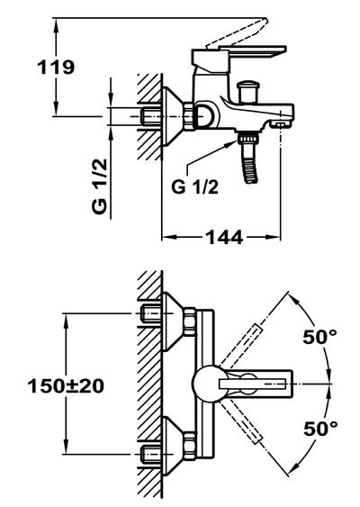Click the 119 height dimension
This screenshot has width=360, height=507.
coord(56,68)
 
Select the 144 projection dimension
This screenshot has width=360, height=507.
coord(224,237)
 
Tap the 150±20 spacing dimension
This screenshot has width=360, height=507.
coord(66,385)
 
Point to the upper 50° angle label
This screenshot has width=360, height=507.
coord(319,337)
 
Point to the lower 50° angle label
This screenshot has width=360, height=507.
coord(320,429)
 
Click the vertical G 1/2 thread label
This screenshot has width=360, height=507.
coord(99,186)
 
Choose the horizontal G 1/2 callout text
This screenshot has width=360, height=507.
coord(195,186)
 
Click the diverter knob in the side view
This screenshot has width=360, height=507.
coord(247,92)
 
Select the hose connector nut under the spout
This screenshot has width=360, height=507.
coord(248,138)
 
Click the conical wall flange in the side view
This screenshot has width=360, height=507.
coord(172,116)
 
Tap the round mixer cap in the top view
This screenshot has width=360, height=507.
coord(206,384)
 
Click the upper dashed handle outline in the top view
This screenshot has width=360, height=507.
coord(240,347)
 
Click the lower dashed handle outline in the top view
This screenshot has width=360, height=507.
coord(240,421)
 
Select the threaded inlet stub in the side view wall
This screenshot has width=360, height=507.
coord(151,116)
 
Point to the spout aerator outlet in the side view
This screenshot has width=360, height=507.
coord(281,124)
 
